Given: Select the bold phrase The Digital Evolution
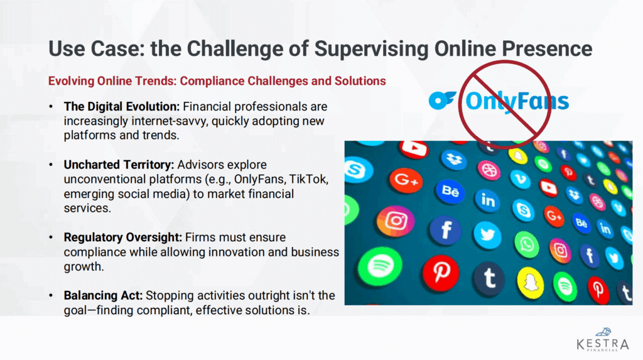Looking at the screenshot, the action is [x=121, y=107].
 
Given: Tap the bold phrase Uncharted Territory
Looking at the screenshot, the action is [x=119, y=165].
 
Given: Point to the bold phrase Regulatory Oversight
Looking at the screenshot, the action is [x=122, y=237].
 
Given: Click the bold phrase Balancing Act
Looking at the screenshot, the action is [x=103, y=295].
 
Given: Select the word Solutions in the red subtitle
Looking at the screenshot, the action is [x=360, y=81].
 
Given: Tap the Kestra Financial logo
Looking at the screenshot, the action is [x=602, y=339].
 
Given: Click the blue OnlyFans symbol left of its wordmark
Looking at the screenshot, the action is [x=442, y=101].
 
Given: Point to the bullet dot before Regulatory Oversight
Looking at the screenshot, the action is [x=51, y=237].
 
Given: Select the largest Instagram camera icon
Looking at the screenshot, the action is [x=396, y=222].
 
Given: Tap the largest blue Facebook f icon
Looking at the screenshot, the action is [x=446, y=231].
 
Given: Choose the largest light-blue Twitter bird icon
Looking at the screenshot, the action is [x=487, y=235].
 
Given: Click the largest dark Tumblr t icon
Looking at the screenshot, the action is [x=489, y=279].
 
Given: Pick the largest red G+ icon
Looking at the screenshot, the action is [x=406, y=180].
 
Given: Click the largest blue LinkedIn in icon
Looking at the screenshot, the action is [x=487, y=200].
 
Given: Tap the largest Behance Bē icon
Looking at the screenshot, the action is [x=450, y=191].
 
